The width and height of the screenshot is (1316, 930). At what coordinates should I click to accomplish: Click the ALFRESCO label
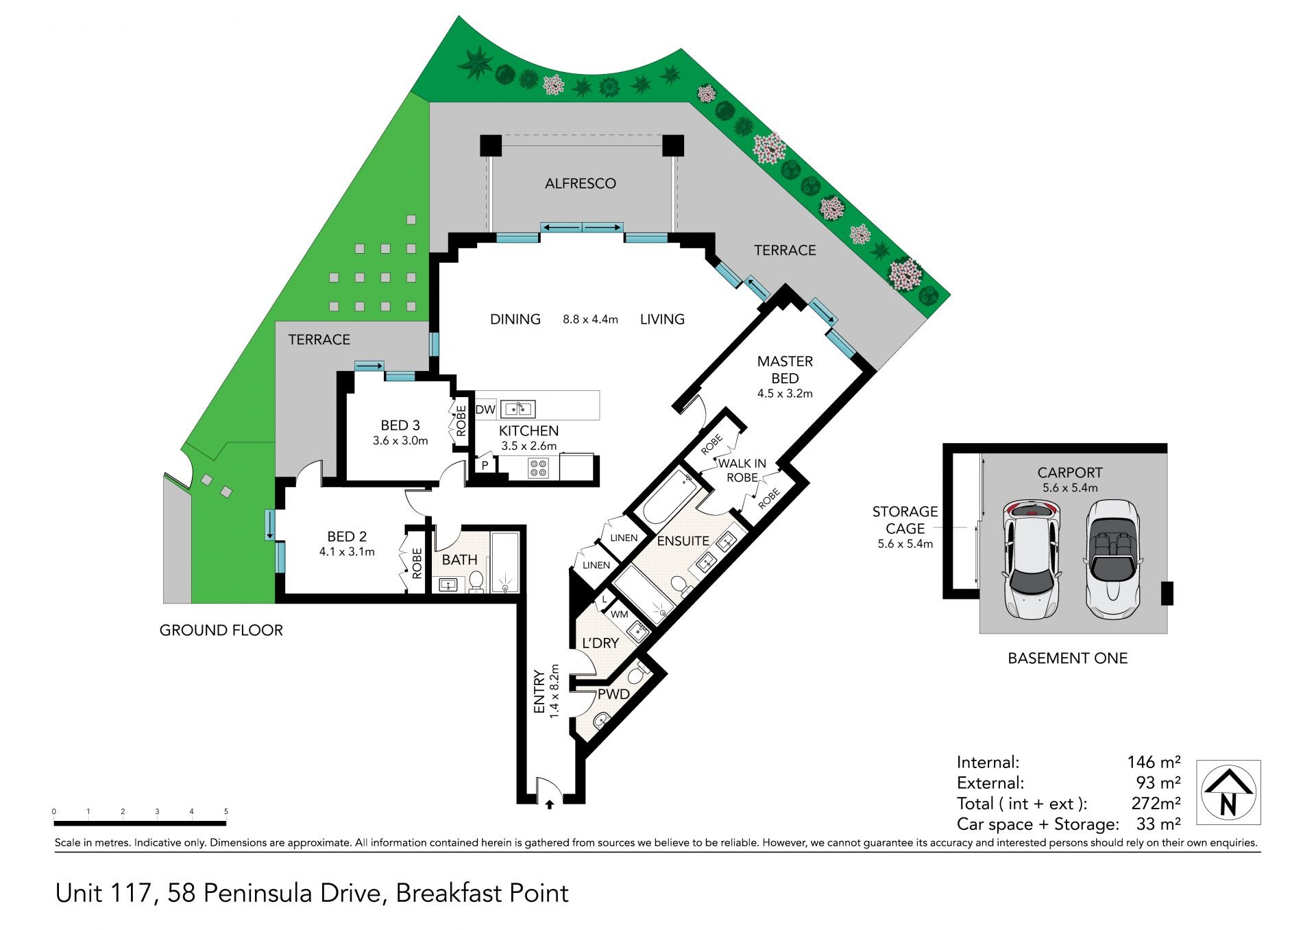(x=580, y=184)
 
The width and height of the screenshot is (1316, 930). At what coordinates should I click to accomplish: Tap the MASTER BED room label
(x=785, y=370)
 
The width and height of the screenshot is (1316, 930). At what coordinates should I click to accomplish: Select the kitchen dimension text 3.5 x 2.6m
(x=528, y=446)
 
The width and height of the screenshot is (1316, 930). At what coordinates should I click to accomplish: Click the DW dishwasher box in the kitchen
(x=485, y=410)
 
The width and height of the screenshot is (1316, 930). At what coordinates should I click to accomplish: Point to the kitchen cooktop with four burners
(x=538, y=468)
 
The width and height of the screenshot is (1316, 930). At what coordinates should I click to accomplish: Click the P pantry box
(x=485, y=466)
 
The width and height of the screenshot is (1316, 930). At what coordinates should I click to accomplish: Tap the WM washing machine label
(x=619, y=615)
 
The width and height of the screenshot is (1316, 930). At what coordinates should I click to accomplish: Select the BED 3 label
(x=400, y=426)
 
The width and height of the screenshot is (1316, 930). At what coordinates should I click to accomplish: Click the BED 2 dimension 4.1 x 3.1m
(x=347, y=551)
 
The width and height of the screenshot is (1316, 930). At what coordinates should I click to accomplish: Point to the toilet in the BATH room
(x=476, y=582)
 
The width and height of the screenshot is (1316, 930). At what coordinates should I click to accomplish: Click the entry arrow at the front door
(x=550, y=804)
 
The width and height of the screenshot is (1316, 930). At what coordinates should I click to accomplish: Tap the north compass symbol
(x=1228, y=792)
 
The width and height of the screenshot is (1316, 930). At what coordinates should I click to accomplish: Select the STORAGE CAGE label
(x=905, y=520)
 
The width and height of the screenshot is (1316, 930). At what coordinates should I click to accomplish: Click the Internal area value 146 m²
(x=1154, y=762)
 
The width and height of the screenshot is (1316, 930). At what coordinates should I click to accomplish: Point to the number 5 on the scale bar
(x=226, y=812)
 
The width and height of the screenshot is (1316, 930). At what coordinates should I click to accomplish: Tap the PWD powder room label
(x=613, y=694)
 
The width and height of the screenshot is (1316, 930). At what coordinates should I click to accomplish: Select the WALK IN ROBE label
(x=742, y=470)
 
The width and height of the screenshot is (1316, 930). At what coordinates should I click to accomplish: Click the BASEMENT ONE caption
(x=1067, y=658)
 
